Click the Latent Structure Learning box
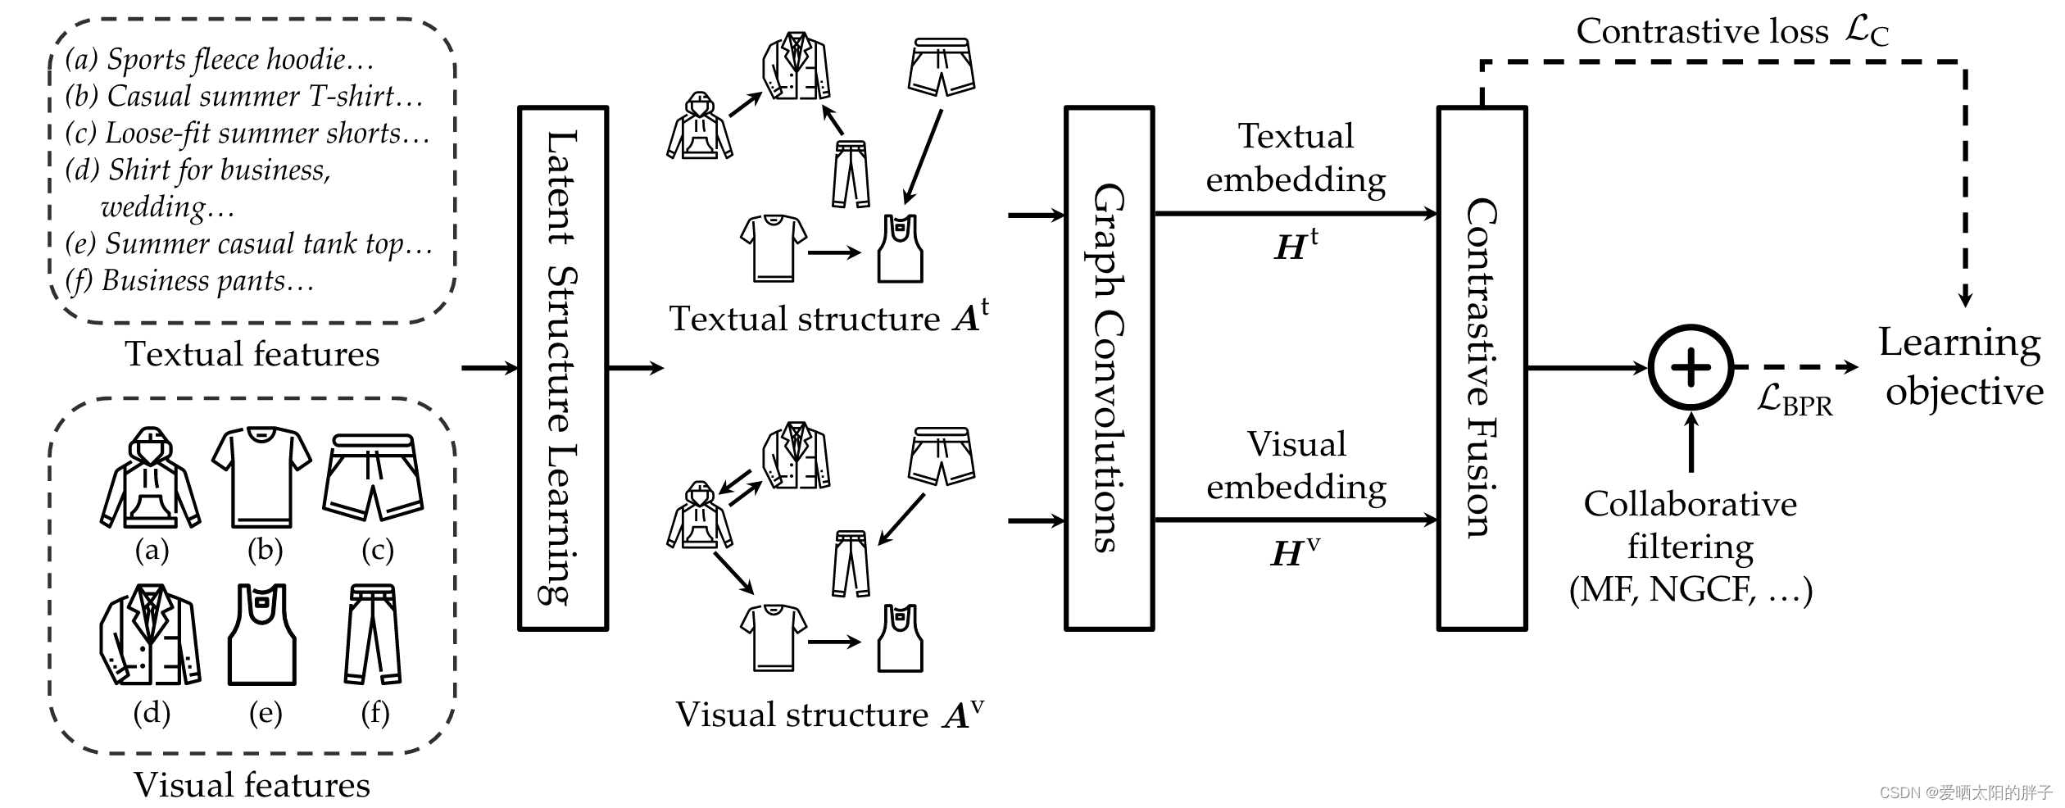click(x=563, y=368)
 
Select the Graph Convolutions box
click(x=1109, y=368)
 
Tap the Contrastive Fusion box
click(x=1482, y=368)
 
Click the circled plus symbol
click(x=1691, y=368)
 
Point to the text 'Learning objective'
click(x=1961, y=366)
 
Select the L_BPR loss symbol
click(x=1794, y=401)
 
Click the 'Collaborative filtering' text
click(x=1690, y=524)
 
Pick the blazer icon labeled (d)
click(x=151, y=635)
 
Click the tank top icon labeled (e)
click(x=261, y=635)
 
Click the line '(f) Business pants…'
click(x=189, y=281)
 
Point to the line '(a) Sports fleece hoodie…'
click(x=220, y=60)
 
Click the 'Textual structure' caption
click(x=828, y=319)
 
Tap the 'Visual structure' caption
click(x=828, y=715)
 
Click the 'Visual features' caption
click(x=252, y=785)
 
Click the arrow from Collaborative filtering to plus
click(x=1691, y=443)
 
